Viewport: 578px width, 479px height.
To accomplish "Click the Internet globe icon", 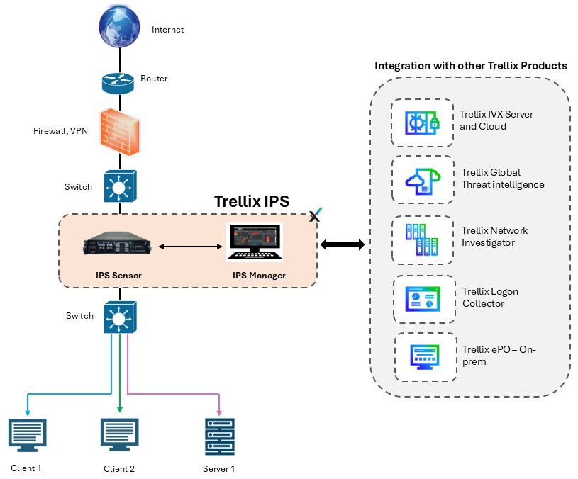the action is (x=119, y=26).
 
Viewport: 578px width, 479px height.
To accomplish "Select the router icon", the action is (x=118, y=83).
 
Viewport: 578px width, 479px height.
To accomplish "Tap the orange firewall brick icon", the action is (x=120, y=133).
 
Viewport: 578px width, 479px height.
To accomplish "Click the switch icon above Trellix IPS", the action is (x=120, y=186).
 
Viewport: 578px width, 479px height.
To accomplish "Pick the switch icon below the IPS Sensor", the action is (x=120, y=317).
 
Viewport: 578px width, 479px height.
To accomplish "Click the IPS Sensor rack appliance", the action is (x=117, y=243).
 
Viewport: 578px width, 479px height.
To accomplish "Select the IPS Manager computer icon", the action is (x=255, y=242).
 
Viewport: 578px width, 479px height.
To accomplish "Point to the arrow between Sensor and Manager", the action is (x=190, y=247).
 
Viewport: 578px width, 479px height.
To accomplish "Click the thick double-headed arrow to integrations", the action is (x=343, y=244).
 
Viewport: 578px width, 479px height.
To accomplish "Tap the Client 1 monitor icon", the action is (x=27, y=435).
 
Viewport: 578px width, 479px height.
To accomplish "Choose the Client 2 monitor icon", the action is (x=119, y=435).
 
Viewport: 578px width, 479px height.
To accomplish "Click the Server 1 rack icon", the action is (x=220, y=436).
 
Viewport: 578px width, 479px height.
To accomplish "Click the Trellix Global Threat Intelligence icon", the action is (x=423, y=181).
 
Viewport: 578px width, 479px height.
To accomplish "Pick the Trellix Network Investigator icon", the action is (x=422, y=239).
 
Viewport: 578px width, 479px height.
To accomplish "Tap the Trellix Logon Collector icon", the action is (x=423, y=299).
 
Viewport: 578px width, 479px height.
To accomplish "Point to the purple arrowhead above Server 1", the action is (x=219, y=412).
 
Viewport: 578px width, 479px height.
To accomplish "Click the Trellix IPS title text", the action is (x=252, y=201).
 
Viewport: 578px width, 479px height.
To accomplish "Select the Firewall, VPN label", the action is (x=60, y=131).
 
